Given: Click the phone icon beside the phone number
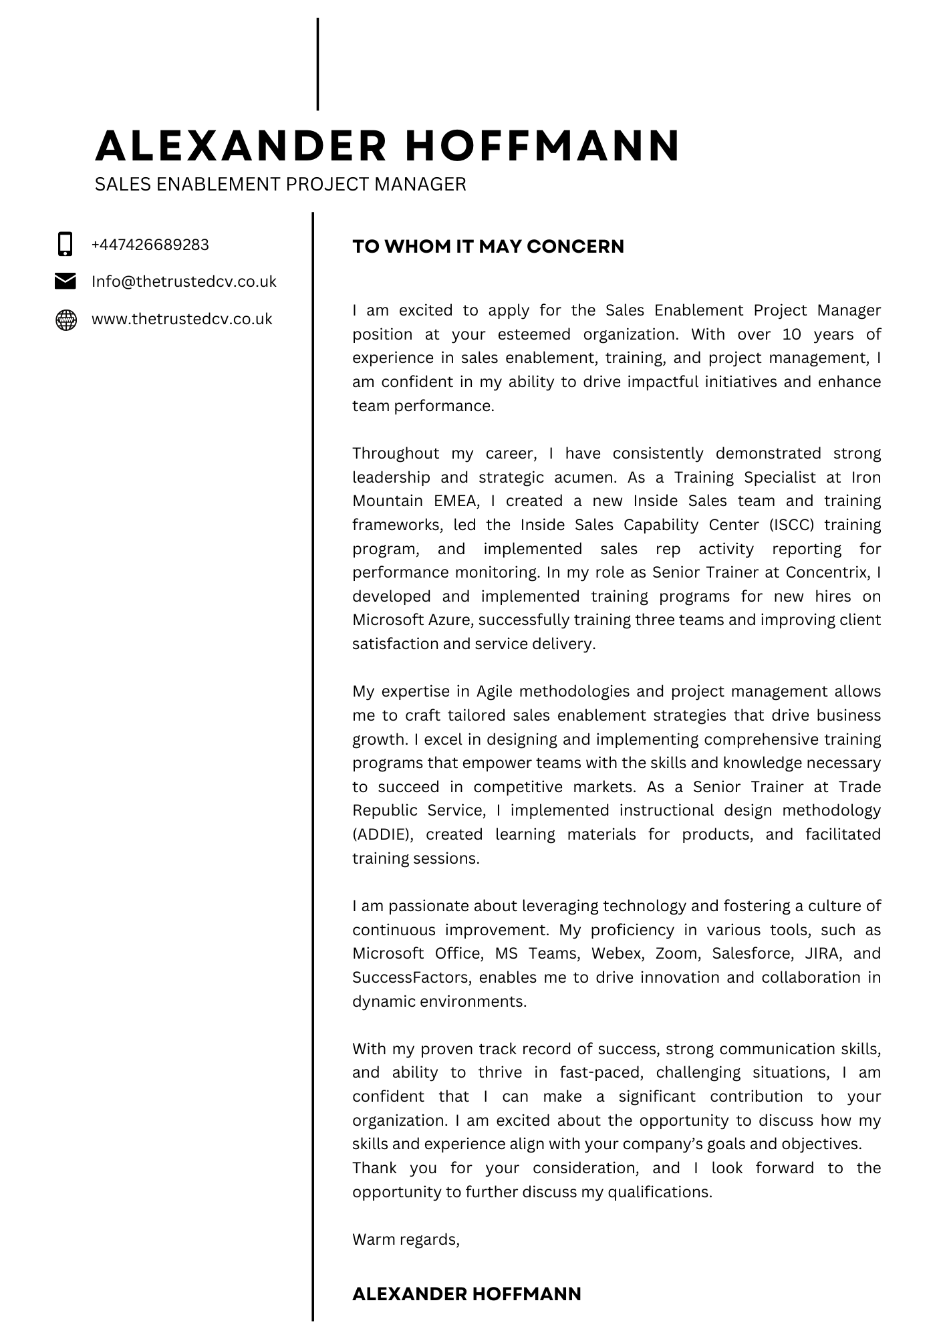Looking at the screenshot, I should [x=65, y=244].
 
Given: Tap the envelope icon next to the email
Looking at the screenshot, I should [x=65, y=281].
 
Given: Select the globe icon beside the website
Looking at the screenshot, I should [x=65, y=320].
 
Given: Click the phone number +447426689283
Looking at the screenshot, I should [x=150, y=245].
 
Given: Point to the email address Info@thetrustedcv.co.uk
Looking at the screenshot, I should [x=184, y=281].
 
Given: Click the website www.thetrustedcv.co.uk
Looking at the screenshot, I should [x=182, y=319].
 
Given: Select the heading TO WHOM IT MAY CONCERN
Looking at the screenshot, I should [x=488, y=247].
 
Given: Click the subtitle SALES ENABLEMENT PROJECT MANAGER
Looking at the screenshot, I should [x=280, y=184].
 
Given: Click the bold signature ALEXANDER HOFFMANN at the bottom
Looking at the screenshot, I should [x=466, y=1294].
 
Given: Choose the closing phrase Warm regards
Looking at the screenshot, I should [x=406, y=1239].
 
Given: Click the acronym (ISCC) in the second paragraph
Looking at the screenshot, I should [x=792, y=525].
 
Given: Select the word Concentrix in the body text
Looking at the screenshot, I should [x=827, y=572].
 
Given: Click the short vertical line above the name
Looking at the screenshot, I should [x=317, y=64].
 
